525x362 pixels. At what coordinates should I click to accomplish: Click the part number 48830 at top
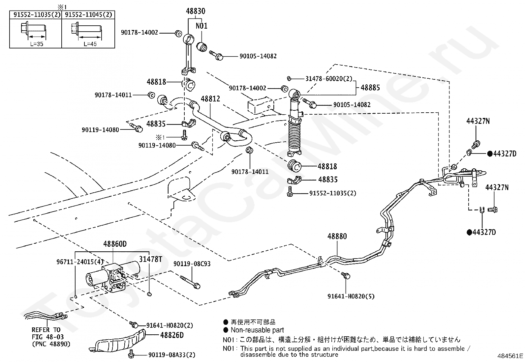click(x=195, y=12)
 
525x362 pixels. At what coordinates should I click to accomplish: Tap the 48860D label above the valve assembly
click(x=115, y=244)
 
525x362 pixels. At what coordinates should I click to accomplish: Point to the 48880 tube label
click(x=337, y=237)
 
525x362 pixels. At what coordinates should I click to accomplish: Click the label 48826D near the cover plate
click(x=172, y=335)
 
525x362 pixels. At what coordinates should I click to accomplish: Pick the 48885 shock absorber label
click(x=370, y=88)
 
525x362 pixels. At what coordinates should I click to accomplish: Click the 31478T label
click(x=150, y=259)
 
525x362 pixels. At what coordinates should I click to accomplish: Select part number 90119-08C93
click(x=192, y=264)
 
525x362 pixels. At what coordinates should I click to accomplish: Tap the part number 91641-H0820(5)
click(x=351, y=296)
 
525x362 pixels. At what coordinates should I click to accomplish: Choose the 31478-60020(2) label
click(x=329, y=79)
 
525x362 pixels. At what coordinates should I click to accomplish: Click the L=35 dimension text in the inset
click(x=37, y=44)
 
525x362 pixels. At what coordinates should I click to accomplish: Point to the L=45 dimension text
click(x=90, y=44)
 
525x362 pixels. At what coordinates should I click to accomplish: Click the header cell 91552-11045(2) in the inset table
click(x=88, y=14)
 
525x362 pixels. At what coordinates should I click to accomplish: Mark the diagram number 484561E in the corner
click(x=510, y=356)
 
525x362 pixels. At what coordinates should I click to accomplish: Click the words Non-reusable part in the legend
click(x=257, y=330)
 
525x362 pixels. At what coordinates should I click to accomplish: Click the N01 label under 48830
click(x=201, y=26)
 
